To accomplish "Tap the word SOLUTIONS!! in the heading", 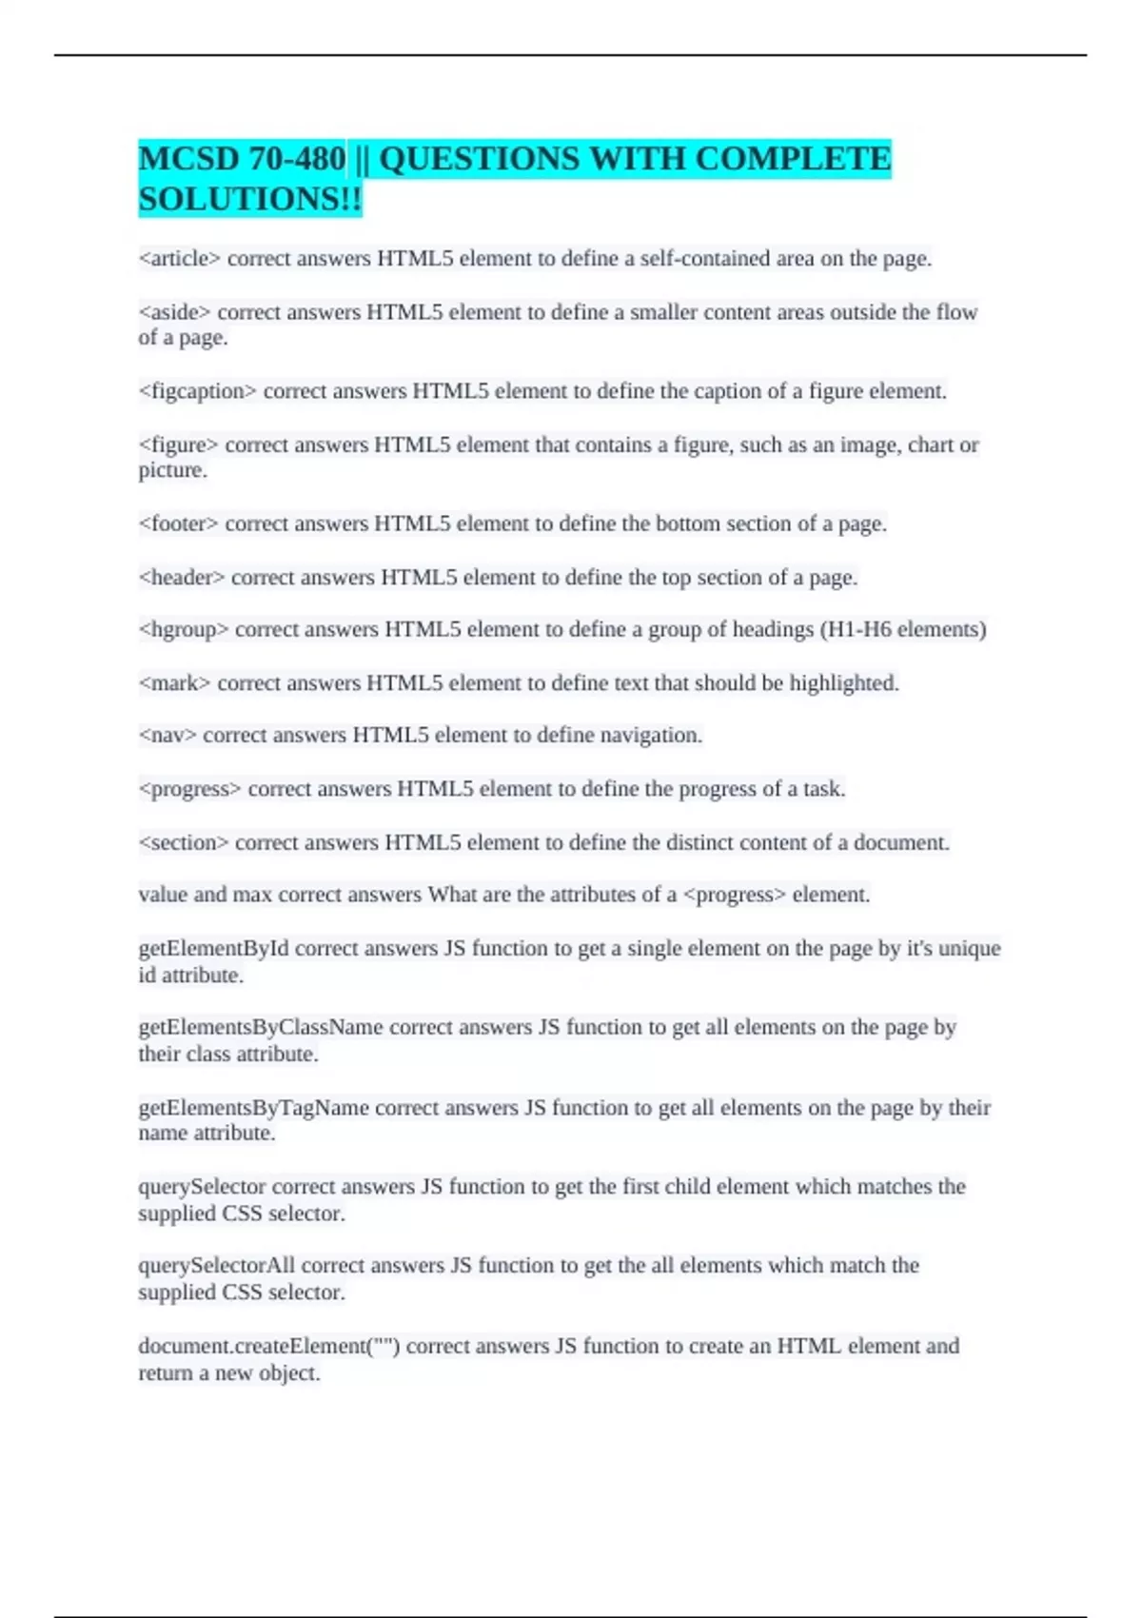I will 250,200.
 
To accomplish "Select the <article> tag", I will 179,259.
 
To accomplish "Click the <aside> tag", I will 174,312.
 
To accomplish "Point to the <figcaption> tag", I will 197,391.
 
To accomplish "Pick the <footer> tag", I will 178,523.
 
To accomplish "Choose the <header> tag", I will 182,578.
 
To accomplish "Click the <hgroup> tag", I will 183,629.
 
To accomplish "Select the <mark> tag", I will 174,683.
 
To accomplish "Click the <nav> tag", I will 167,735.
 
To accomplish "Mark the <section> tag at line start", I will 183,842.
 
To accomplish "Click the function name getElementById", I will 213,948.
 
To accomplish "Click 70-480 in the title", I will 297,159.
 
